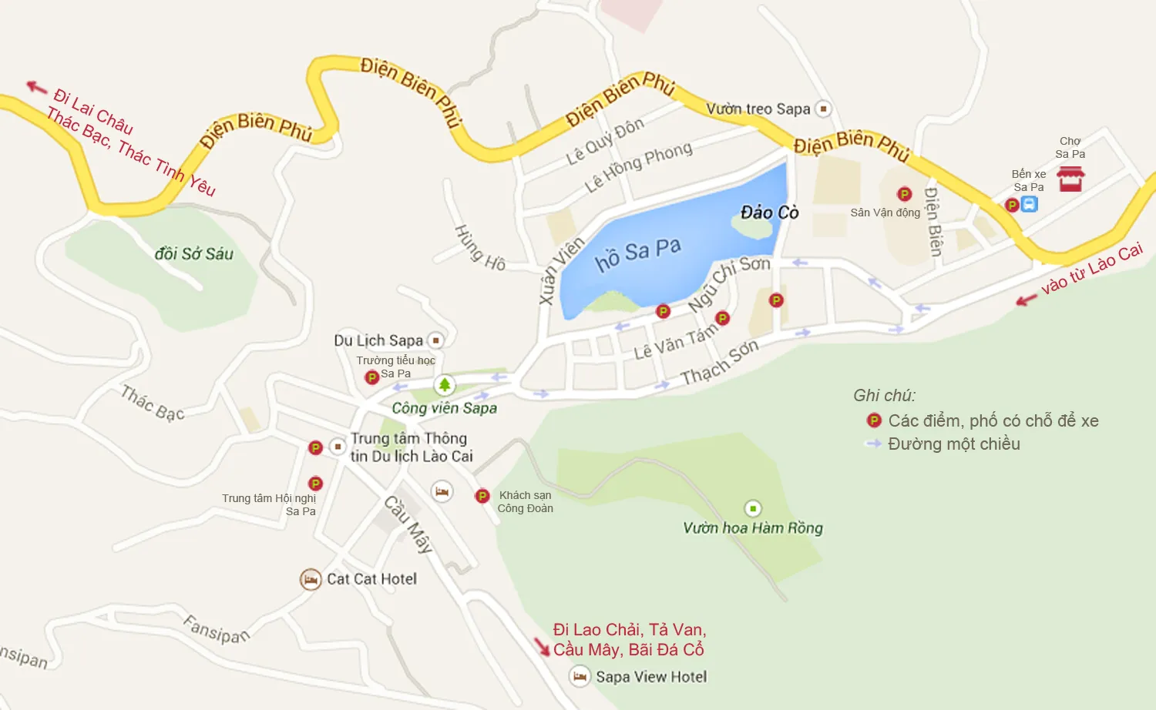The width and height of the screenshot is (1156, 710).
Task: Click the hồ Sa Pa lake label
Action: (x=638, y=253)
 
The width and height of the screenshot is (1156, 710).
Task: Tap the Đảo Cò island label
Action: (x=769, y=213)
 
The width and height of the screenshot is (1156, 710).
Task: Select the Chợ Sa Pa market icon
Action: (x=1070, y=179)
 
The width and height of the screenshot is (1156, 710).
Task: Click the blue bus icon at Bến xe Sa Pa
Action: (x=1030, y=204)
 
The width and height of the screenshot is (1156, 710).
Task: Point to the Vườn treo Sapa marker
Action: (x=823, y=109)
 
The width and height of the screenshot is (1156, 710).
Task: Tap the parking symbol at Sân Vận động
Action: (x=905, y=194)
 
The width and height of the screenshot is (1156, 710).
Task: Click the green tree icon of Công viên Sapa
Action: (x=444, y=384)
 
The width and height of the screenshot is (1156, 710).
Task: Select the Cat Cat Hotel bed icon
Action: (x=311, y=579)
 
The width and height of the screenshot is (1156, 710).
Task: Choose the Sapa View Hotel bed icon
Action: (x=580, y=677)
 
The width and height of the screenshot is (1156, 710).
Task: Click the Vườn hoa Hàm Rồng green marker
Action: (x=752, y=508)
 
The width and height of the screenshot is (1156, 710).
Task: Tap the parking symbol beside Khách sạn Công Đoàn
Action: (x=482, y=496)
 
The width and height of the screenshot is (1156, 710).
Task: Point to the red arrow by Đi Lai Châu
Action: (x=36, y=87)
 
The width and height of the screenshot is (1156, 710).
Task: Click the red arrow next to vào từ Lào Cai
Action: (x=1026, y=300)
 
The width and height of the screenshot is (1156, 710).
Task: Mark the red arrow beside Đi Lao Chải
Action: (x=542, y=646)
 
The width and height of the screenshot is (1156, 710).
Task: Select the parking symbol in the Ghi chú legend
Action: (x=874, y=420)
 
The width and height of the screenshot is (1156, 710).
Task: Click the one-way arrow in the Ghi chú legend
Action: (x=873, y=444)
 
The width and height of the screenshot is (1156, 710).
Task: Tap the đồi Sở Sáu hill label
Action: (x=193, y=253)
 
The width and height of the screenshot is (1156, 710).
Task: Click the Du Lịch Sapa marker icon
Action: (x=435, y=340)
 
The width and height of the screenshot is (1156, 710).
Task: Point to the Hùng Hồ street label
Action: (x=479, y=248)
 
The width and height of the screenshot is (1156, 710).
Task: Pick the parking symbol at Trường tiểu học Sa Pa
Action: (x=371, y=377)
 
